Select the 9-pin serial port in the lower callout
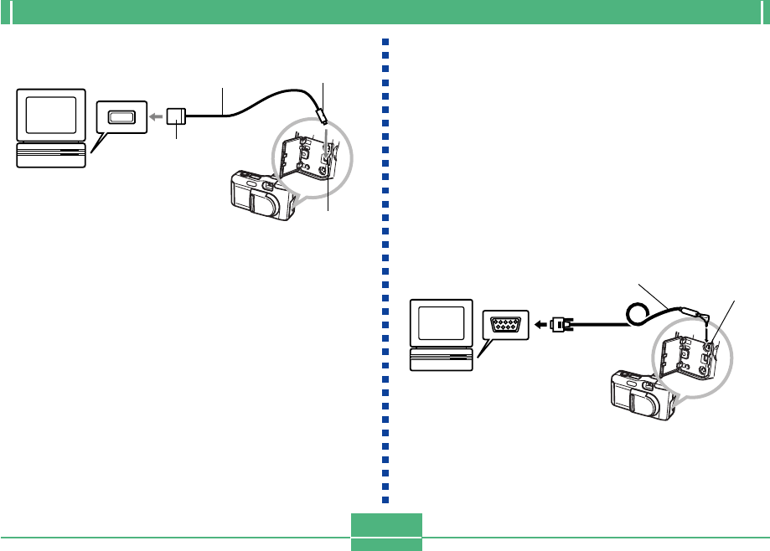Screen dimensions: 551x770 point(507,323)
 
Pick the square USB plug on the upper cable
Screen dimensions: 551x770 point(176,116)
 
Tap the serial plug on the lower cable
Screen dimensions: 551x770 point(561,323)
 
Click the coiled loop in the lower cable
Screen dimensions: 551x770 point(642,314)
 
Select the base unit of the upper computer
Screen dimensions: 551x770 point(50,155)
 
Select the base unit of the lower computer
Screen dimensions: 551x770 point(440,360)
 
